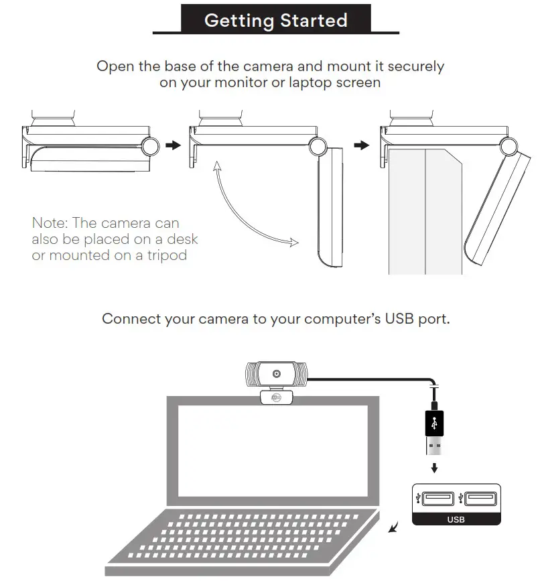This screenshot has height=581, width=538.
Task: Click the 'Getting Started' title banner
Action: [x=275, y=20]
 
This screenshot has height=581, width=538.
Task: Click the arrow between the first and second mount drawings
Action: [x=173, y=145]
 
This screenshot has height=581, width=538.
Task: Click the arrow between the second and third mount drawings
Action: [x=362, y=145]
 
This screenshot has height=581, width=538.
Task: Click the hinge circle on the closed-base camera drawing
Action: [x=150, y=145]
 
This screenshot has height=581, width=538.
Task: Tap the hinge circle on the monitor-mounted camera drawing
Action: [x=508, y=145]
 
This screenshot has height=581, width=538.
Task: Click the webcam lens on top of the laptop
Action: [x=275, y=373]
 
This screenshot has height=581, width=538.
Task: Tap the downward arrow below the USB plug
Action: [x=434, y=467]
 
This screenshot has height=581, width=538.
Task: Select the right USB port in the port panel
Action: [x=481, y=498]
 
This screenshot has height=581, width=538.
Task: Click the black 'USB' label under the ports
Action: [x=456, y=519]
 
